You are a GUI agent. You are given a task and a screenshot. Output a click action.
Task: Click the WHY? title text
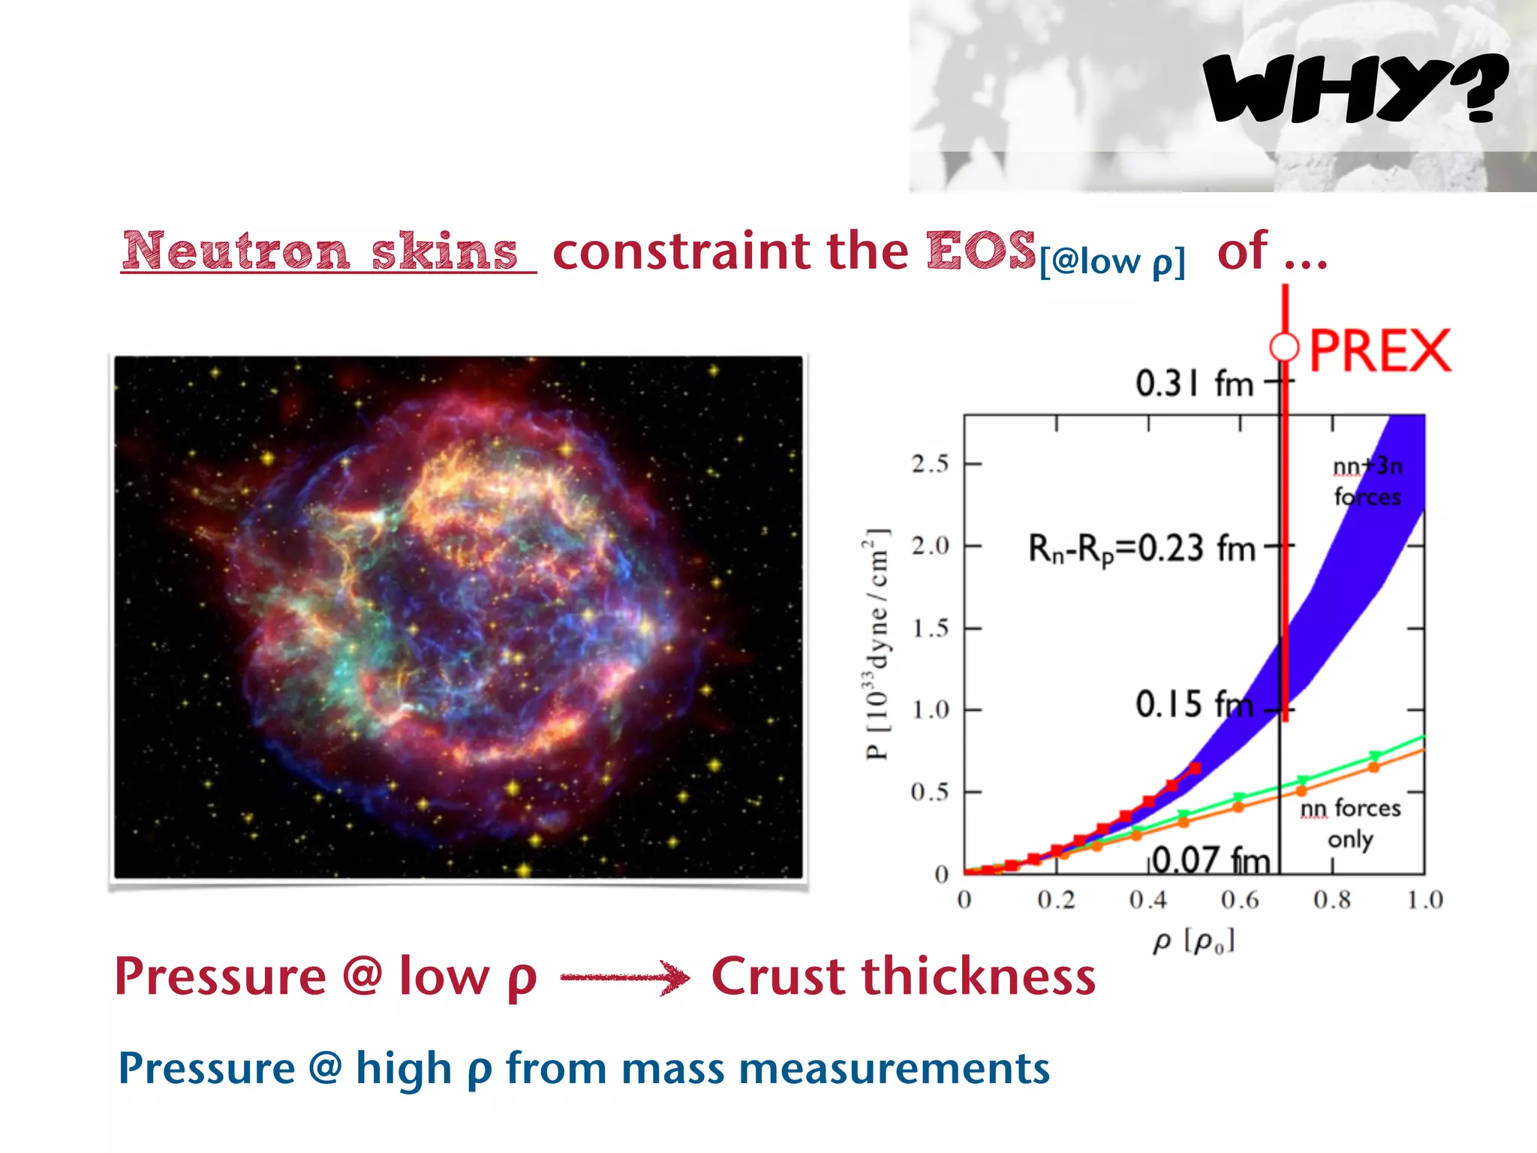pyautogui.click(x=1354, y=89)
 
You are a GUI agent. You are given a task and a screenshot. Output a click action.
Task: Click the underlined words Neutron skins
pyautogui.click(x=321, y=251)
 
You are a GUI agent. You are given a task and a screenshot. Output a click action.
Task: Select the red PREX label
pyautogui.click(x=1379, y=351)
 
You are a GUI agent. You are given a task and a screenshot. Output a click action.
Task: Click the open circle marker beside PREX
pyautogui.click(x=1284, y=348)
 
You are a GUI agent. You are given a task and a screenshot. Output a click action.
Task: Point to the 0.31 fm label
pyautogui.click(x=1194, y=384)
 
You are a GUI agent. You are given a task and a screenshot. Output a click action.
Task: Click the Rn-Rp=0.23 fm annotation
pyautogui.click(x=1141, y=549)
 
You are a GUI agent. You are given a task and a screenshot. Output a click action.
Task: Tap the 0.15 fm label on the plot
pyautogui.click(x=1194, y=705)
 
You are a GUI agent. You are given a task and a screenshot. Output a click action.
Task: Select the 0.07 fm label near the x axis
pyautogui.click(x=1211, y=860)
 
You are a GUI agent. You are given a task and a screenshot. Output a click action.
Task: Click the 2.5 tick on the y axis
pyautogui.click(x=931, y=464)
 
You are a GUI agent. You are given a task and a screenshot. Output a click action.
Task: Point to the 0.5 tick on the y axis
pyautogui.click(x=930, y=792)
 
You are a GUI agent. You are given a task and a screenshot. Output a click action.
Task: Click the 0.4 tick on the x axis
pyautogui.click(x=1148, y=899)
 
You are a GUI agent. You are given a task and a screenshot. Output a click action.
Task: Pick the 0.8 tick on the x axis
pyautogui.click(x=1332, y=899)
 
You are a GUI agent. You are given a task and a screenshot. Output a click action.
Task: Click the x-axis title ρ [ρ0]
pyautogui.click(x=1193, y=941)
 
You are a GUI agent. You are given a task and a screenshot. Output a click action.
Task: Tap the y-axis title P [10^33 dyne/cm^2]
pyautogui.click(x=877, y=644)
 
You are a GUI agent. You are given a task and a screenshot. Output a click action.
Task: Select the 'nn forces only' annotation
pyautogui.click(x=1350, y=823)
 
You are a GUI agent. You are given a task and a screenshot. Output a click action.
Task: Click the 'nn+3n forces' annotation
pyautogui.click(x=1367, y=481)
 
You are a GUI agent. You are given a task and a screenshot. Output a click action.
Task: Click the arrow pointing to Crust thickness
pyautogui.click(x=624, y=977)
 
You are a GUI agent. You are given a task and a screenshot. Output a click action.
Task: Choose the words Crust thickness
pyautogui.click(x=903, y=977)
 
